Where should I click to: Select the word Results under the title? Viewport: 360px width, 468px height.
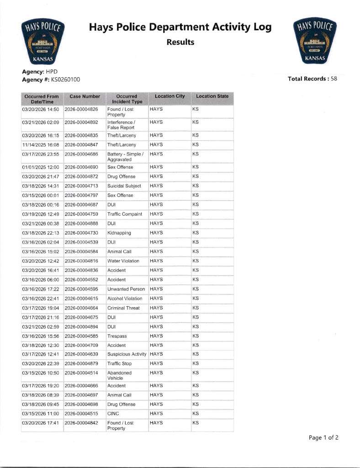tap(180, 43)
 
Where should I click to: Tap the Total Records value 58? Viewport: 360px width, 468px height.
tap(334, 79)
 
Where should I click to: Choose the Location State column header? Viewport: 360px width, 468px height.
tap(212, 96)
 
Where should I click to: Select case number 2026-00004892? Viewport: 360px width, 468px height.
tap(81, 122)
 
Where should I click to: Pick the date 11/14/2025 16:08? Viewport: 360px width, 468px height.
tap(41, 145)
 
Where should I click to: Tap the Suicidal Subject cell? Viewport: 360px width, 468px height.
tap(124, 186)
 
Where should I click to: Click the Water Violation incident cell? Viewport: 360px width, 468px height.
tap(123, 261)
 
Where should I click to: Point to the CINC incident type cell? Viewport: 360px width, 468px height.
tap(113, 414)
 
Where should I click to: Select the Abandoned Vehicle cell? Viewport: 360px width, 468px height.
tap(119, 376)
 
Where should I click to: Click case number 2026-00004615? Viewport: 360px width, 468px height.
tap(81, 298)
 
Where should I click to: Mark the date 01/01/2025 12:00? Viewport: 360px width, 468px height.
tap(41, 167)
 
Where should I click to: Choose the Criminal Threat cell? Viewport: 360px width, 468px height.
tap(123, 308)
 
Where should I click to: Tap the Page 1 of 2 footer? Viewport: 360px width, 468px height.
tap(323, 438)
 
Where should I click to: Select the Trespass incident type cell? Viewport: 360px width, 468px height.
tap(116, 336)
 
